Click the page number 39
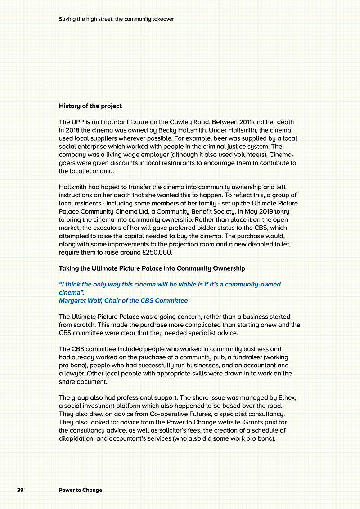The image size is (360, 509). (x=20, y=490)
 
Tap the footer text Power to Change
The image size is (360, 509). (x=81, y=490)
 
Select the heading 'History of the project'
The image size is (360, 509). (x=90, y=106)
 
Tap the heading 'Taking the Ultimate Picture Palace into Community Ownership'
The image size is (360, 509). (x=152, y=268)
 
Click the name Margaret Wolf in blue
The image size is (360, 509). (x=79, y=300)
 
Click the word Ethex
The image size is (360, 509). (x=287, y=398)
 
